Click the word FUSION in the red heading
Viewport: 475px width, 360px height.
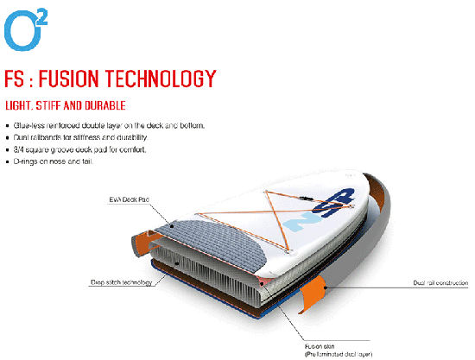[68, 79]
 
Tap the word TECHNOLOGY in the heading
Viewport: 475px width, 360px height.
[161, 79]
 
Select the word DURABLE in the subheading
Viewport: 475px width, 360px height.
[105, 105]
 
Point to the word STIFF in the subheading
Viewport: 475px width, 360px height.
[47, 105]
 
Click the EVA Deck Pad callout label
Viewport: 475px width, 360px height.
[129, 199]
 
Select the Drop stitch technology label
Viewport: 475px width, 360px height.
[121, 282]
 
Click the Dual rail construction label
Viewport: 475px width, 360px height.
[440, 283]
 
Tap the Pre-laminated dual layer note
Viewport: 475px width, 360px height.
[339, 354]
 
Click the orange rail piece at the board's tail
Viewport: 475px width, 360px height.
[141, 243]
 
